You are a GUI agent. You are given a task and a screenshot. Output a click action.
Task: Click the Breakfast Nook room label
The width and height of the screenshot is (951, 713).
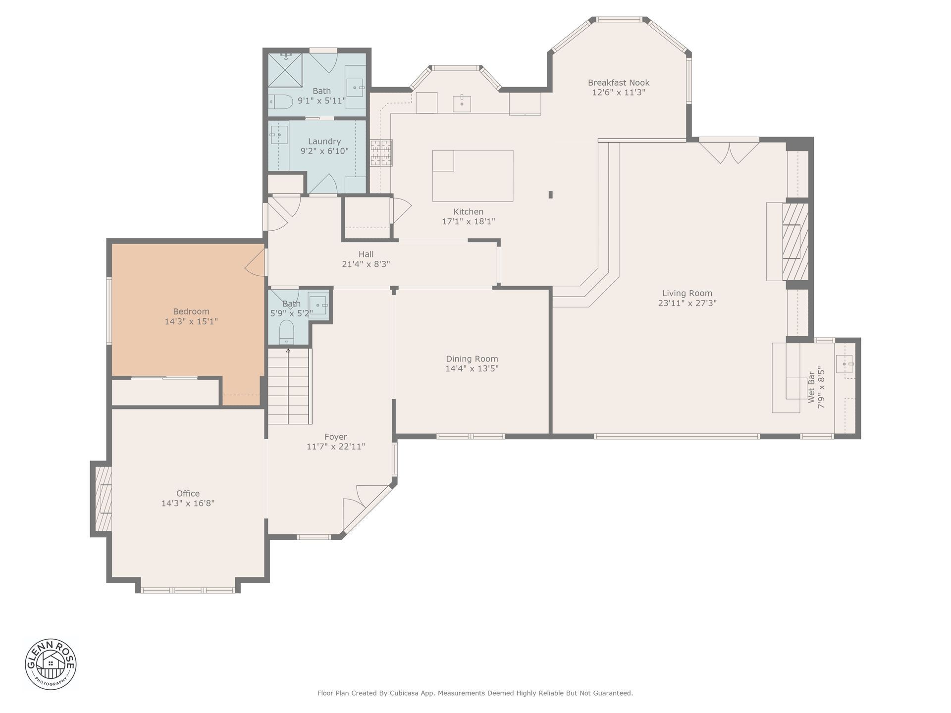[619, 83]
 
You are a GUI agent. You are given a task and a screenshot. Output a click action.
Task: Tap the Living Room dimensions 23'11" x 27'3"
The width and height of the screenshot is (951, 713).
[687, 303]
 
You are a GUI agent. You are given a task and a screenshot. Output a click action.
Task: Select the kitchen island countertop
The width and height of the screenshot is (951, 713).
[473, 176]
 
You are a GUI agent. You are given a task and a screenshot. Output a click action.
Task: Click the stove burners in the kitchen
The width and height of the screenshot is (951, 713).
[381, 153]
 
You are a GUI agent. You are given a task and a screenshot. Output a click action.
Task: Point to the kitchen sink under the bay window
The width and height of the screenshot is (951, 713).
[462, 103]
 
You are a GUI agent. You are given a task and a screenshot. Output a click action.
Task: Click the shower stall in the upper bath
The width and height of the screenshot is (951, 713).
[285, 70]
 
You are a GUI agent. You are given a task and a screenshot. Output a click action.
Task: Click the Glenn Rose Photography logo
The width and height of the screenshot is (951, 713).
[51, 663]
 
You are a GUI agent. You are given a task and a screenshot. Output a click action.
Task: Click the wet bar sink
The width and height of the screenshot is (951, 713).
[844, 364]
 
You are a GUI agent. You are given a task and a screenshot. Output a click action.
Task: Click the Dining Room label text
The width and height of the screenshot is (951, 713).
[472, 359]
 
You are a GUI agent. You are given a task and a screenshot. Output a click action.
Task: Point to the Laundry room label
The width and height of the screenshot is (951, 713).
[324, 142]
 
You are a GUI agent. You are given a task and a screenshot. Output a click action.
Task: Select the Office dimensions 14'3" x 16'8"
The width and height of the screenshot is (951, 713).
[188, 504]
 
